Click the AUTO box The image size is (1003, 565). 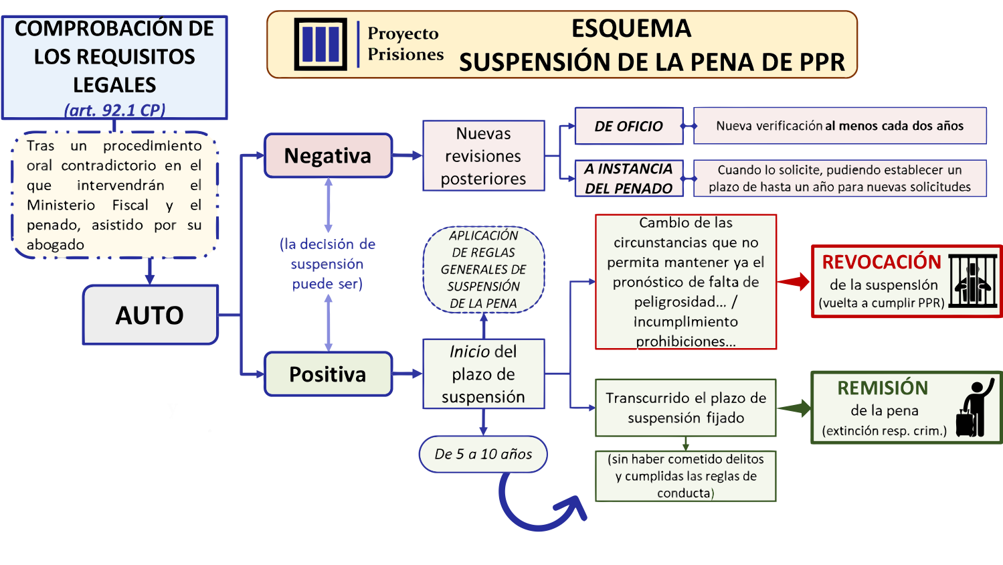pyautogui.click(x=151, y=315)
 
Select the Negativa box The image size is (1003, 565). pyautogui.click(x=329, y=155)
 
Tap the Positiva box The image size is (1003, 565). pyautogui.click(x=329, y=374)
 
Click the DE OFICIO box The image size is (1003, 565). pyautogui.click(x=629, y=126)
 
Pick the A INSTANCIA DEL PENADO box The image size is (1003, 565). pyautogui.click(x=629, y=178)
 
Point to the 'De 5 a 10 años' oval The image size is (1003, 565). pyautogui.click(x=483, y=455)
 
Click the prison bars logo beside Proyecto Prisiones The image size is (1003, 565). pyautogui.click(x=321, y=44)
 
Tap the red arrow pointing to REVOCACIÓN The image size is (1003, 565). pyautogui.click(x=794, y=282)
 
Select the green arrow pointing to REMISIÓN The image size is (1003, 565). pyautogui.click(x=794, y=408)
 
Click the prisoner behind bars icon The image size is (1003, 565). pyautogui.click(x=972, y=281)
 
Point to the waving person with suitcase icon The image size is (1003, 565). pyautogui.click(x=975, y=408)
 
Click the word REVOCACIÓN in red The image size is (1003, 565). pyautogui.click(x=882, y=262)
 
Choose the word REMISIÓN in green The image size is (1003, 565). pyautogui.click(x=883, y=388)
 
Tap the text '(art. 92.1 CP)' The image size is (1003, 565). pyautogui.click(x=114, y=110)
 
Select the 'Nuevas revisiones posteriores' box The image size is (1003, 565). pyautogui.click(x=484, y=155)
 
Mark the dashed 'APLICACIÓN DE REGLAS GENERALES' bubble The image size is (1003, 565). pyautogui.click(x=484, y=269)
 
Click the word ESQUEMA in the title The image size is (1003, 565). pyautogui.click(x=632, y=28)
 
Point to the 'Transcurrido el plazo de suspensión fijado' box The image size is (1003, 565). pyautogui.click(x=686, y=408)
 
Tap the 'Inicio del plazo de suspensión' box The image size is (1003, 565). pyautogui.click(x=484, y=374)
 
